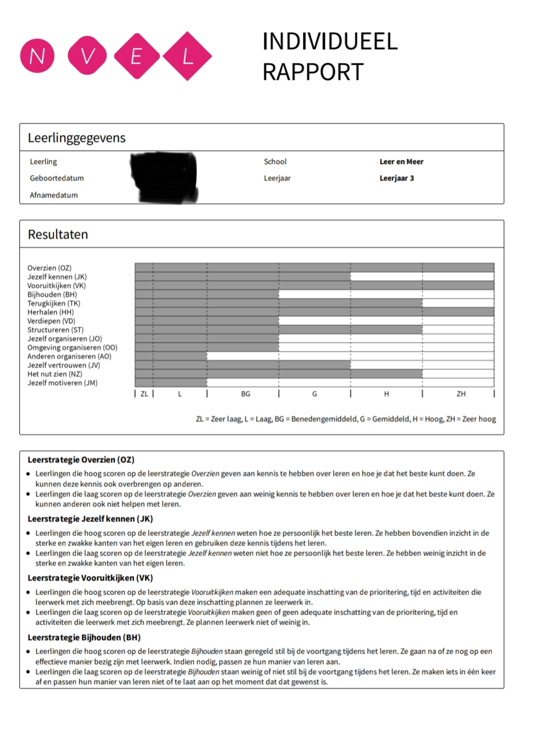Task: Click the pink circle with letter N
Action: tap(37, 56)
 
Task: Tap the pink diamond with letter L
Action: tap(187, 56)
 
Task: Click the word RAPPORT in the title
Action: tap(313, 72)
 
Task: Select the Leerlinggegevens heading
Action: tap(76, 137)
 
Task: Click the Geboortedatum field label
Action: tap(56, 178)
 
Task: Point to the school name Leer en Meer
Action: tap(401, 161)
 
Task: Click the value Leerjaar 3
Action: tap(396, 178)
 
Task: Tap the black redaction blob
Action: tap(164, 176)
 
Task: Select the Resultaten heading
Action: tap(57, 234)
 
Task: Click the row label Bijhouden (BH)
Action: tap(52, 294)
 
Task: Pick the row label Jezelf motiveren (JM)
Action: tap(62, 383)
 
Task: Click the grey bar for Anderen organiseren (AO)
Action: tap(171, 356)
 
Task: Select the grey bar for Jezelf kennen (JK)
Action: tap(242, 276)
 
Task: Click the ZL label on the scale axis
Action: tap(144, 394)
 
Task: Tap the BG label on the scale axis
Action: tap(245, 394)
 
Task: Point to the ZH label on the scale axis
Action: tap(461, 394)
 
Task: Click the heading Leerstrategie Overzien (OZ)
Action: tap(81, 459)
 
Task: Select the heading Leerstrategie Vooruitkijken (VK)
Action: tap(90, 578)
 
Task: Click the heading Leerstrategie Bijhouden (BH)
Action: tap(84, 637)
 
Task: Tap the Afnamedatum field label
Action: tap(53, 195)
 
